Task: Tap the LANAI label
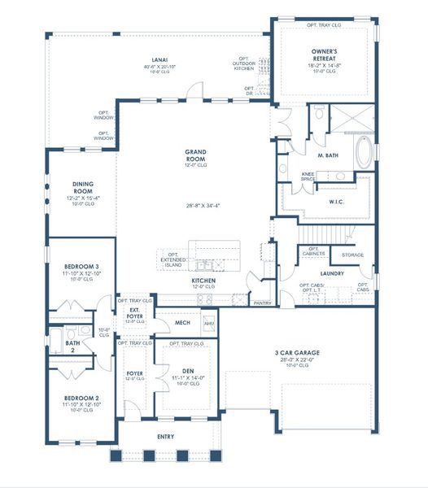[159, 59]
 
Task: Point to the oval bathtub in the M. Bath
[365, 152]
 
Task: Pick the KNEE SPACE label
[308, 176]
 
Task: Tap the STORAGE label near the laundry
[352, 255]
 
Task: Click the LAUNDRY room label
[332, 273]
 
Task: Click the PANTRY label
[262, 303]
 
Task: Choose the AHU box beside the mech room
[208, 323]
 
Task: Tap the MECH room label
[182, 323]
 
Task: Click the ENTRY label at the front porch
[165, 437]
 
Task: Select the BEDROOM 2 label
[81, 399]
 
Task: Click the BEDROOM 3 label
[81, 267]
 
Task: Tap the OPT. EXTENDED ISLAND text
[173, 258]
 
